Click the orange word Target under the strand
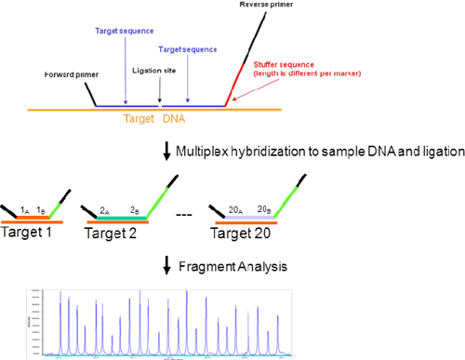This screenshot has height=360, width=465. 142,119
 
